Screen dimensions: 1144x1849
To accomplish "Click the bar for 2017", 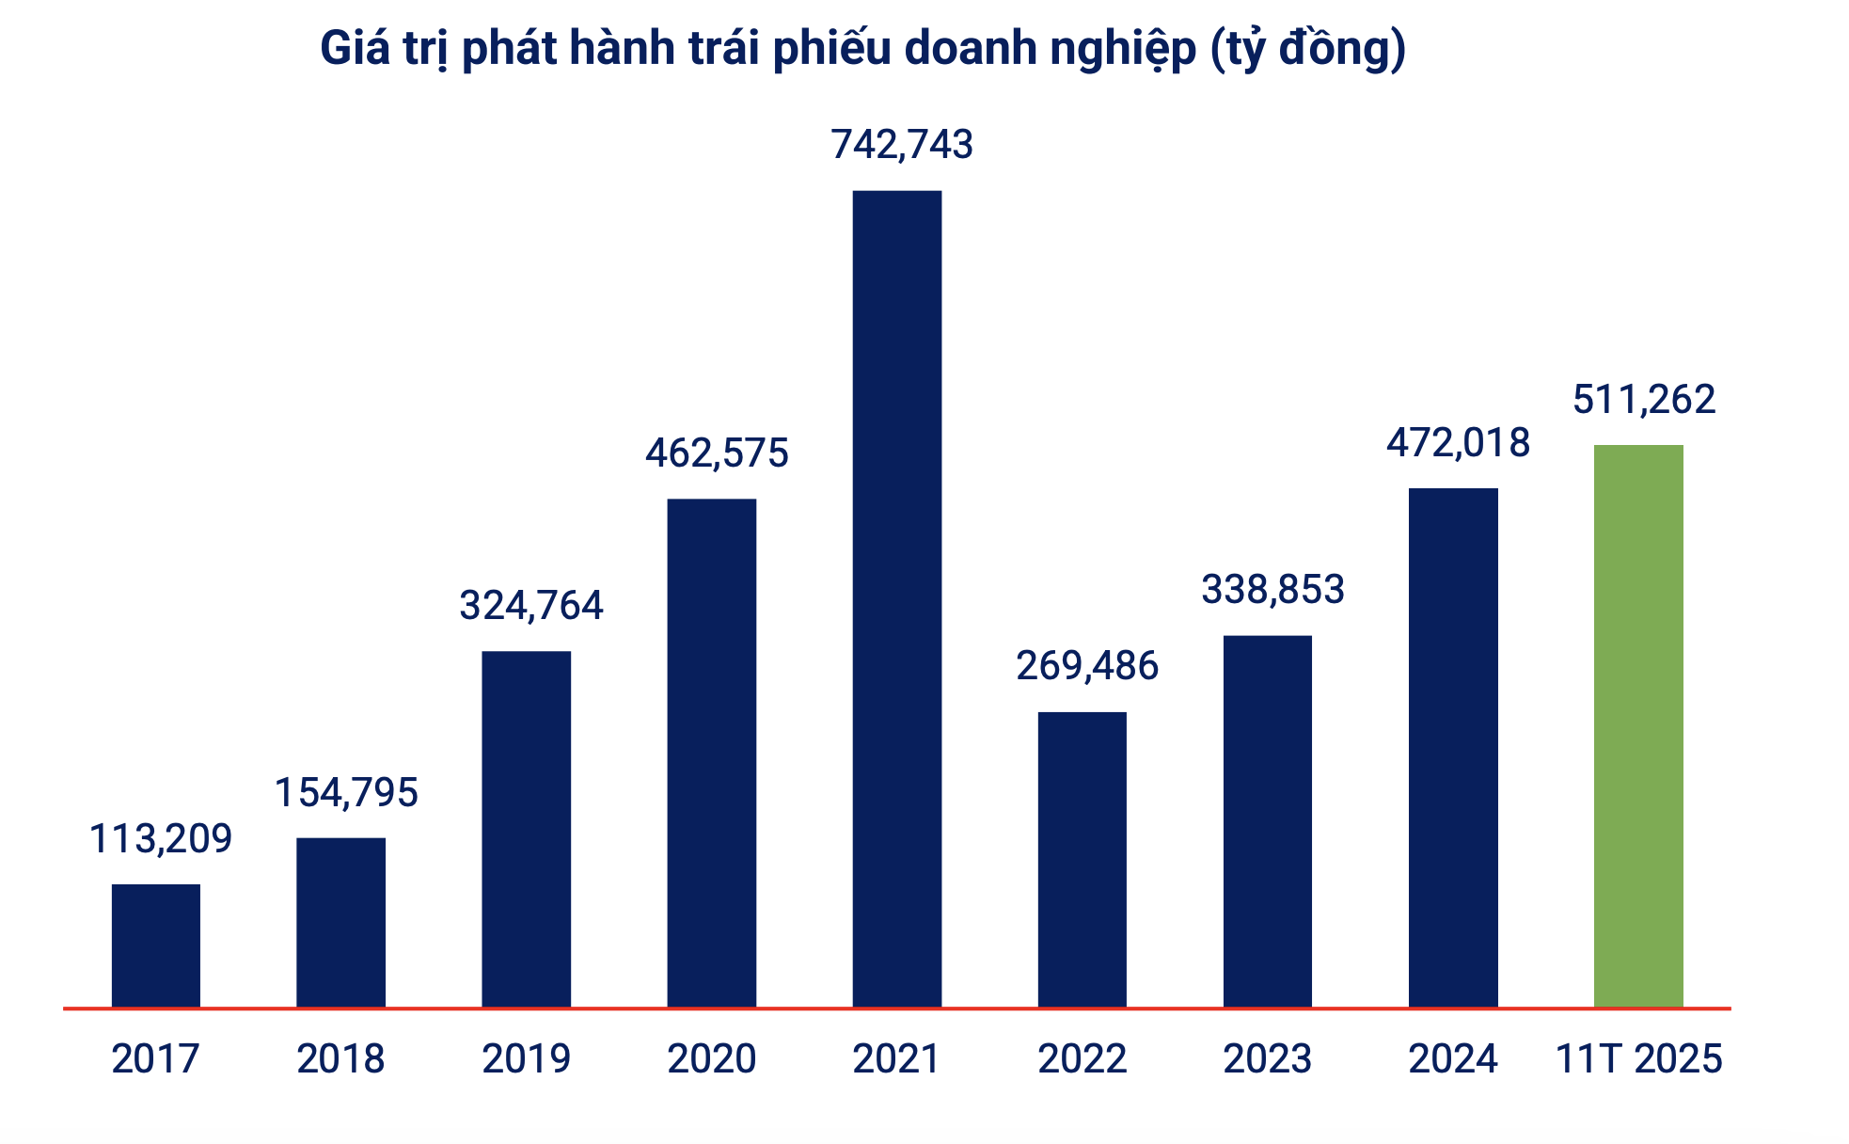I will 156,945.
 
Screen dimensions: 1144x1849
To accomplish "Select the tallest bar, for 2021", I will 896,598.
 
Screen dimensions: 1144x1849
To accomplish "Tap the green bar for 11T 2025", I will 1638,725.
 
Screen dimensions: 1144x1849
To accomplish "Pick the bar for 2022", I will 1082,859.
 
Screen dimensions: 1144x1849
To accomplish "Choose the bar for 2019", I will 526,829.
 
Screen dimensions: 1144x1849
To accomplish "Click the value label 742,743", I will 902,144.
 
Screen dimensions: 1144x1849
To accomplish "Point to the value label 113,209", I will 161,838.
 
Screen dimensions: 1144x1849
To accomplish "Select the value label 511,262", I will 1644,400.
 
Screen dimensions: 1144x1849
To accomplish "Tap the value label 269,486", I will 1087,666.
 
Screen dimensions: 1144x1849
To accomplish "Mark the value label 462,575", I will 717,453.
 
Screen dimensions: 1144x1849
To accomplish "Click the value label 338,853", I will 1272,590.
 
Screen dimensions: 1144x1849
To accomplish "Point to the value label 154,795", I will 346,792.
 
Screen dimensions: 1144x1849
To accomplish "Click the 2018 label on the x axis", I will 340,1059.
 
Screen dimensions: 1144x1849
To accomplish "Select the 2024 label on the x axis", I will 1452,1059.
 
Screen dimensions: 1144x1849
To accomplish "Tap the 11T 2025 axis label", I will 1638,1059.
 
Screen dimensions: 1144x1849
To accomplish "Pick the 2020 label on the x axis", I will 711,1059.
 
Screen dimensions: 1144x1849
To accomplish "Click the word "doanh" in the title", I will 972,49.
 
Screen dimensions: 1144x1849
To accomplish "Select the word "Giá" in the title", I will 355,49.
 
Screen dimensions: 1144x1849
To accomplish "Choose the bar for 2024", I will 1453,747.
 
